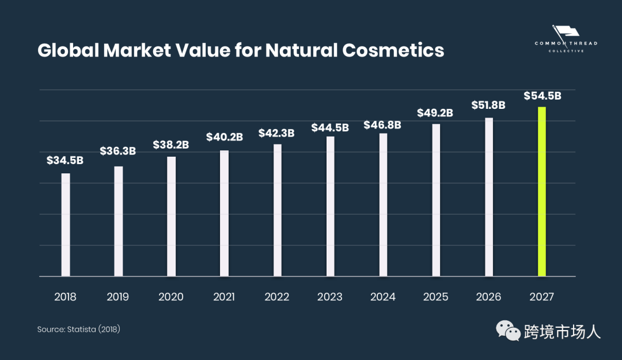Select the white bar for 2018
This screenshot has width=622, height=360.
pos(66,225)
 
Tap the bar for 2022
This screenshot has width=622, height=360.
pos(277,210)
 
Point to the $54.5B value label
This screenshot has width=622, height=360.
pos(542,96)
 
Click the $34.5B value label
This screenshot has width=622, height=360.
pos(65,161)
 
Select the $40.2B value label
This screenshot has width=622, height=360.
pos(225,137)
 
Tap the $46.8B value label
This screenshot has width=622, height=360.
pos(382,124)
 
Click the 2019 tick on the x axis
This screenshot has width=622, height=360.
pos(118,297)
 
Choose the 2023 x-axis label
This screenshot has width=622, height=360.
pos(329,297)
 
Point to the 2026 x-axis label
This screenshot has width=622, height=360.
pos(488,297)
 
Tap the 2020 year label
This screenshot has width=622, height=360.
pos(171,297)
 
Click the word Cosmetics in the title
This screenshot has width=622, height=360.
pos(393,51)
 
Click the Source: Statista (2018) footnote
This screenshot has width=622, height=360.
pos(78,329)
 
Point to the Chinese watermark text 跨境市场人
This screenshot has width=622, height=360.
pos(563,332)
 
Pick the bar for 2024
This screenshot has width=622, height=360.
pos(383,205)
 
